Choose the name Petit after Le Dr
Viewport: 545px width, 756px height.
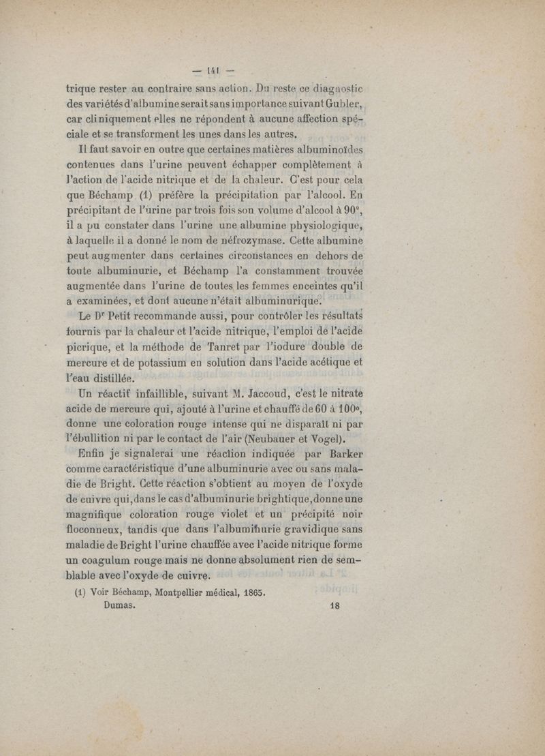[x=124, y=317]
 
